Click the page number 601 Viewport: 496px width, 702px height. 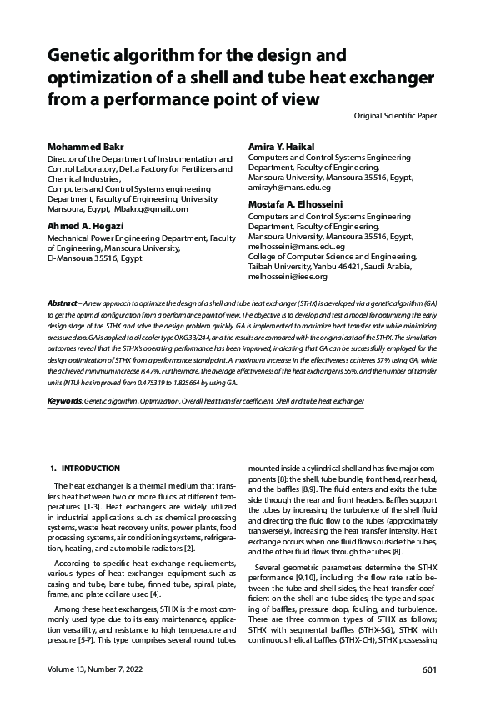point(430,669)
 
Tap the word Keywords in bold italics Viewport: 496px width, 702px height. point(64,401)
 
